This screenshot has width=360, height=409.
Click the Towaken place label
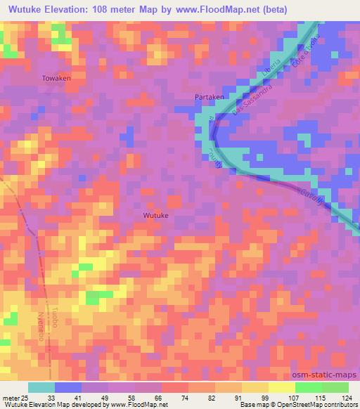pyautogui.click(x=56, y=78)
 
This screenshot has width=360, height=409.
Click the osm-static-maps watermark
pyautogui.click(x=330, y=375)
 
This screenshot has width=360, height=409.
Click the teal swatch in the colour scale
pyautogui.click(x=41, y=387)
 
